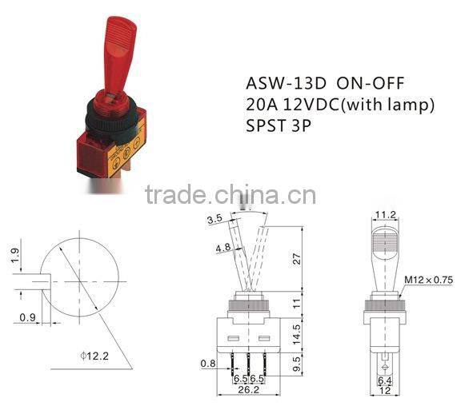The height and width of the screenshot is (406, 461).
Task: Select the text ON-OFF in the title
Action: (365, 84)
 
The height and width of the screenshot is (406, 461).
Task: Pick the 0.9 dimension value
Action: (26, 317)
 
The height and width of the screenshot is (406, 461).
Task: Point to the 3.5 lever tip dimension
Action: (214, 219)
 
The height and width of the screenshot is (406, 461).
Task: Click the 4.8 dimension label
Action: (224, 248)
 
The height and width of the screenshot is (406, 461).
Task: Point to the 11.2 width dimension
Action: (387, 214)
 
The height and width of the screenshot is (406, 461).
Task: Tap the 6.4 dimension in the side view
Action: (386, 381)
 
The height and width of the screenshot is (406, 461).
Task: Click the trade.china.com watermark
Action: (230, 193)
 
